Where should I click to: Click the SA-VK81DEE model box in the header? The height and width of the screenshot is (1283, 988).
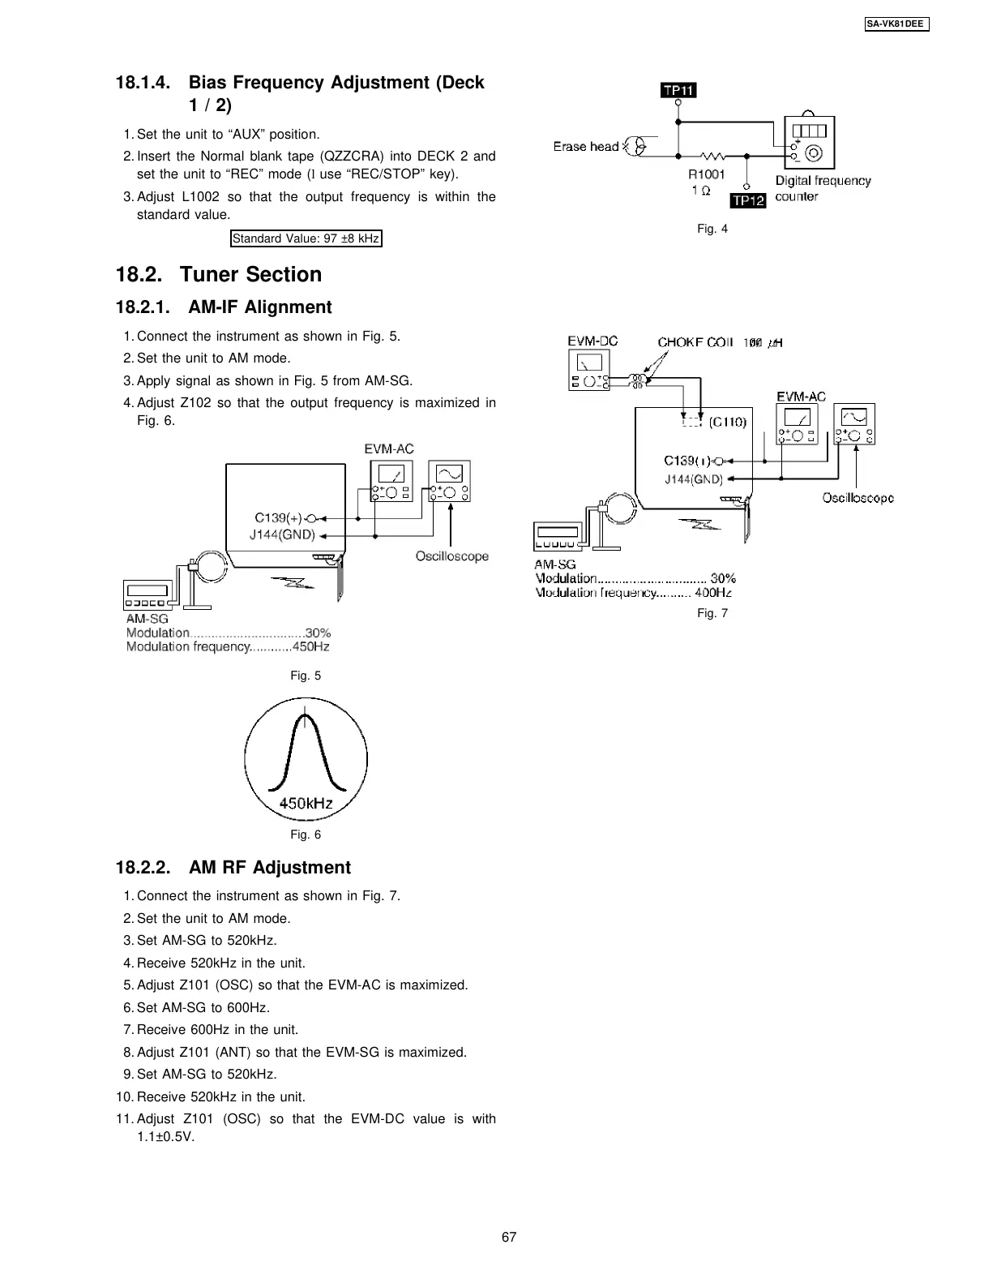coord(895,24)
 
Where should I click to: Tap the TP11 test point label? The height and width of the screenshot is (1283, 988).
coord(678,90)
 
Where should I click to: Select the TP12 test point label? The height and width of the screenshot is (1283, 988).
coord(747,200)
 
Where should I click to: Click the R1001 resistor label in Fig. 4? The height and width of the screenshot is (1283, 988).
coord(706,174)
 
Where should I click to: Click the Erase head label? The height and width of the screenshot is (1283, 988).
coord(585,147)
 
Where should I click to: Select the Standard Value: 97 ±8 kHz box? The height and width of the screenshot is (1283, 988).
coord(306,238)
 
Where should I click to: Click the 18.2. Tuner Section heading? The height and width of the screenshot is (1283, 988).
coord(219,274)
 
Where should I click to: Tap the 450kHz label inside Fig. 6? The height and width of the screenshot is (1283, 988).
coord(306,803)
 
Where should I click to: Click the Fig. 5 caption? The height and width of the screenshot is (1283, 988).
coord(306,676)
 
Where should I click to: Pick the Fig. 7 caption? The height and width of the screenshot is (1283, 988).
coord(712,613)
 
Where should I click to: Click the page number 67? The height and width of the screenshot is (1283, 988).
coord(509,1237)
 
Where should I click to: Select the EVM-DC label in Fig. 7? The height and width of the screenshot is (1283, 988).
coord(592,341)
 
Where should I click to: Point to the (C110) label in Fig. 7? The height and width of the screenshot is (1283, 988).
coord(727,422)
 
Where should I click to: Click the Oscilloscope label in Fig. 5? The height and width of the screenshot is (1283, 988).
coord(452,556)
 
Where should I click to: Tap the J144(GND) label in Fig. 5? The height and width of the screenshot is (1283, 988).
coord(282,534)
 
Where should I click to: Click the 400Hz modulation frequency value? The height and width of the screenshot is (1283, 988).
coord(713,593)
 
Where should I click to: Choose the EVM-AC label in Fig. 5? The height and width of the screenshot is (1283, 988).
coord(389,448)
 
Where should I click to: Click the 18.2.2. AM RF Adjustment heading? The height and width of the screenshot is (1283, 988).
coord(233,868)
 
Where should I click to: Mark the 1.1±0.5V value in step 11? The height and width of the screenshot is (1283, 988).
coord(166,1136)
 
